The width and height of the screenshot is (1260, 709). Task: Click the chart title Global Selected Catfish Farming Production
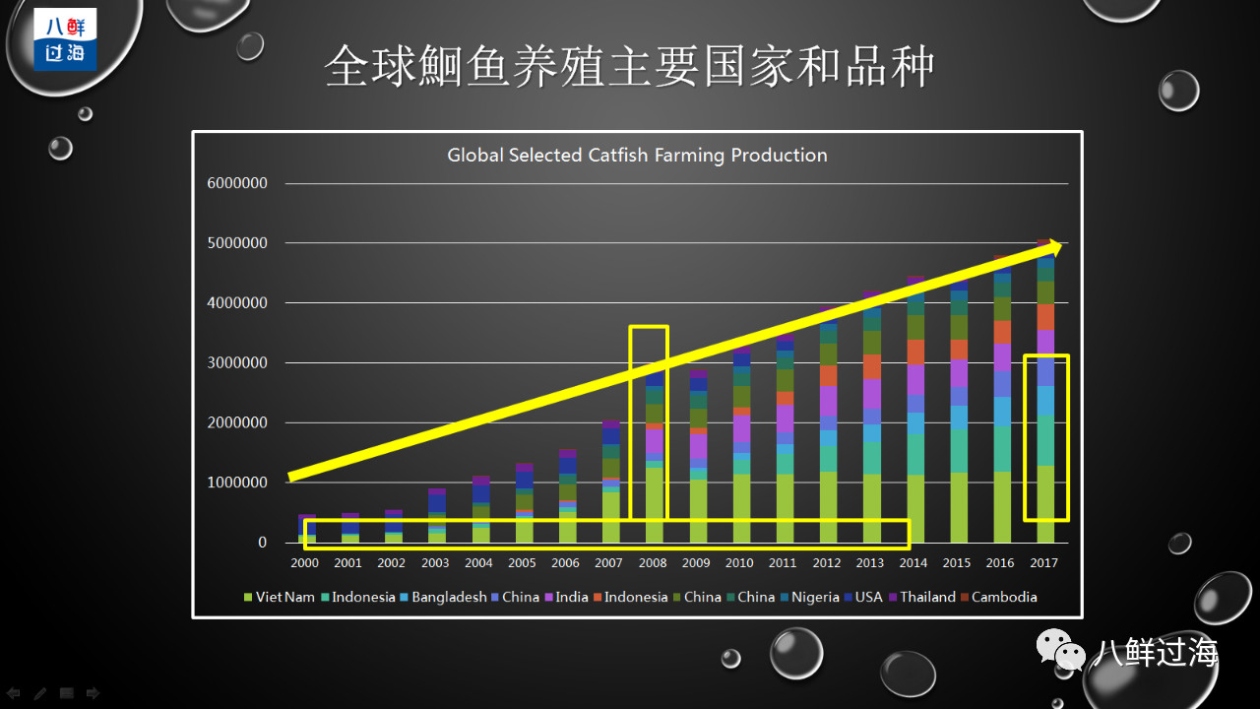tap(637, 155)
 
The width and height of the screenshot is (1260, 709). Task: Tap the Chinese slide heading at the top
tap(630, 67)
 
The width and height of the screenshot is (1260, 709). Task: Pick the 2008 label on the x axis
tap(652, 563)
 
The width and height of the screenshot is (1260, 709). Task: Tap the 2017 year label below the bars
tap(1043, 563)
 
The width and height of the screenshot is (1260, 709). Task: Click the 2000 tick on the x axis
tap(304, 563)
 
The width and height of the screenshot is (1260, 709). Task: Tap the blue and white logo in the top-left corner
tap(65, 40)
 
